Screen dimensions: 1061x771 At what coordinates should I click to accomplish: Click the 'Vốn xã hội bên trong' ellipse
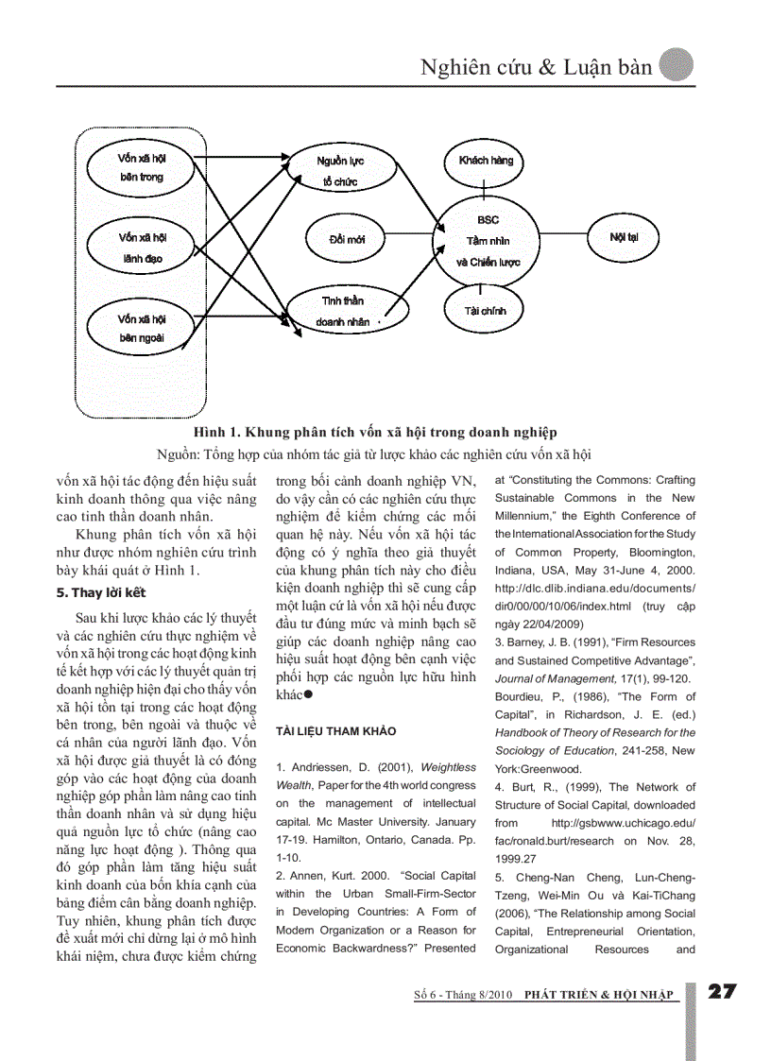click(142, 167)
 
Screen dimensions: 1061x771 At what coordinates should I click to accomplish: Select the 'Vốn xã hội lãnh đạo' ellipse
click(142, 248)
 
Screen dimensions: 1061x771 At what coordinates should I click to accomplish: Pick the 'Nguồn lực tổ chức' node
click(340, 170)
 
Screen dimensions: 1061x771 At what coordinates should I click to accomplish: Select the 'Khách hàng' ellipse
click(486, 161)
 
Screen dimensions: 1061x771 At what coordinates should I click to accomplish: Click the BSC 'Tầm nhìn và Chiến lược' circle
click(488, 241)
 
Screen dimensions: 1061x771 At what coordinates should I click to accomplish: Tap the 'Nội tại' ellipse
click(624, 236)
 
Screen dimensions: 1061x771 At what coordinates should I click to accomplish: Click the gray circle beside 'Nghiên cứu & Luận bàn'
click(676, 65)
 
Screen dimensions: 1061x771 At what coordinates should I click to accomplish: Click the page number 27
click(723, 991)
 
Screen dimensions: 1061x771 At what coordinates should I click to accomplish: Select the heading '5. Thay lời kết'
click(102, 592)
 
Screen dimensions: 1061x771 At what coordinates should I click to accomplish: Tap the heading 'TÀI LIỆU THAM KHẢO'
click(335, 730)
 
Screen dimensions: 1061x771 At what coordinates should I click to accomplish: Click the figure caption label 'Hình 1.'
click(217, 433)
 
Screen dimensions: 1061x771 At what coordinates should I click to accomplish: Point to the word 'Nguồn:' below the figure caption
click(180, 453)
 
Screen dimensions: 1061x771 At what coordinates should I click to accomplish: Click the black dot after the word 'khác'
click(308, 695)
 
